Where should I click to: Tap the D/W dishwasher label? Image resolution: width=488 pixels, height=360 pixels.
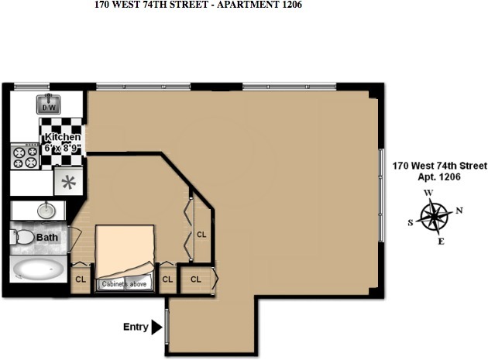48,108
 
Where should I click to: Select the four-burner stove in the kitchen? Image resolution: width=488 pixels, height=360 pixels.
24,158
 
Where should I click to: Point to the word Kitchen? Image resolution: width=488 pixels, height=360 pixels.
63,137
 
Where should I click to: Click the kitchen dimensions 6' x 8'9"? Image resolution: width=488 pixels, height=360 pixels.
63,148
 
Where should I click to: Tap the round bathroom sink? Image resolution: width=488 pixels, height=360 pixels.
46,210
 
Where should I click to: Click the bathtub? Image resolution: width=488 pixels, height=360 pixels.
39,270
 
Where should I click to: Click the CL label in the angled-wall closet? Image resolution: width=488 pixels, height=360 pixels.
201,234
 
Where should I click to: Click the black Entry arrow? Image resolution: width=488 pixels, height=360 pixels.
157,327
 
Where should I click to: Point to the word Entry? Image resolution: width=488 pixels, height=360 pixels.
136,327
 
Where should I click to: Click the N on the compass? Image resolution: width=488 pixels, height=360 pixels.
459,210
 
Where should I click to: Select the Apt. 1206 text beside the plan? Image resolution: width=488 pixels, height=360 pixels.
438,177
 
